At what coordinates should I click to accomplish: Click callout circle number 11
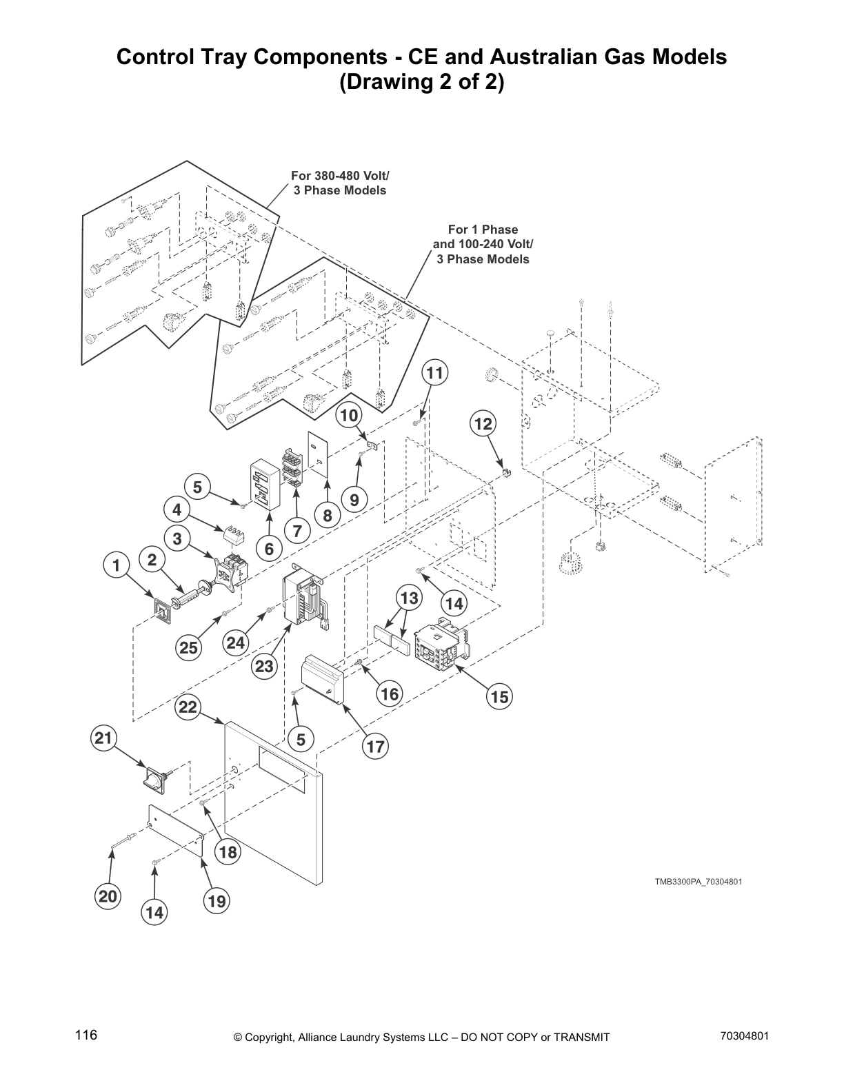[434, 373]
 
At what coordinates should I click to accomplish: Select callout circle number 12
[483, 423]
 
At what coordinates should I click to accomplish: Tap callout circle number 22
[188, 707]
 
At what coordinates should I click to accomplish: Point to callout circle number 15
[499, 697]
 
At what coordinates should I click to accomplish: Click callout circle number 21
[103, 738]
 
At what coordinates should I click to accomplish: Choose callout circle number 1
[117, 566]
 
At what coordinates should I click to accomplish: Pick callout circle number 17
[375, 747]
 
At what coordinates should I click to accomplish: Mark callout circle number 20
[108, 896]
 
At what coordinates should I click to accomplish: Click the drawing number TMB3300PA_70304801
[698, 882]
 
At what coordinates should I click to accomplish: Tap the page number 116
[87, 1035]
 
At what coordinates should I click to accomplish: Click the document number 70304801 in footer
[744, 1035]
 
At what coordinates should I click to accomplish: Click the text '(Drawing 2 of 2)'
[421, 82]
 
